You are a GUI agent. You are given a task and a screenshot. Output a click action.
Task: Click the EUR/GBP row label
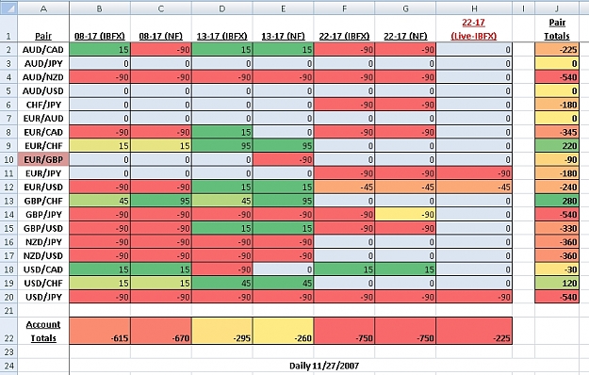(43, 159)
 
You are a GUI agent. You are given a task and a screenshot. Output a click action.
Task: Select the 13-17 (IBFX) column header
(222, 36)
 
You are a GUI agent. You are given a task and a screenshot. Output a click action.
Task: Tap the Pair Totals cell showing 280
(557, 201)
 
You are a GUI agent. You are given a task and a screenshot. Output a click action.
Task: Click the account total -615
(100, 331)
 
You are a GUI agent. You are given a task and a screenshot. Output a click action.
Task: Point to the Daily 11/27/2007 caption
(324, 366)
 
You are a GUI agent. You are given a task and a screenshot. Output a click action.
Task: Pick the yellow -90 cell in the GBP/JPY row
(405, 214)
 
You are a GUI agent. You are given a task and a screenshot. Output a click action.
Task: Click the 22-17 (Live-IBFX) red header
(474, 29)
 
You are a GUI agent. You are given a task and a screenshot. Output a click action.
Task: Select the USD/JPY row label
(43, 297)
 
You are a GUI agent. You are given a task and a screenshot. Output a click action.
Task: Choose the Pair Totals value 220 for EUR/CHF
(557, 146)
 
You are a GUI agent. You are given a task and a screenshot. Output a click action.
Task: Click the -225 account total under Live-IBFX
(474, 331)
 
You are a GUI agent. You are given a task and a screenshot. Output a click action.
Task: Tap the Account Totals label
(43, 331)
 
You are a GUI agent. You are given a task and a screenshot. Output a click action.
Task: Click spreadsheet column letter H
(474, 8)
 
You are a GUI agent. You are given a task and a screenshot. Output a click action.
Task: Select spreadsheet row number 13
(8, 201)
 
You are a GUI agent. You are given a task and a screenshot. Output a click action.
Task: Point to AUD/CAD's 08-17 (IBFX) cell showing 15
(100, 50)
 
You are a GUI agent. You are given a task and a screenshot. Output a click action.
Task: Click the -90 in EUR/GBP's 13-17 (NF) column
(284, 159)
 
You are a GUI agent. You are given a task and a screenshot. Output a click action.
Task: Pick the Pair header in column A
(43, 36)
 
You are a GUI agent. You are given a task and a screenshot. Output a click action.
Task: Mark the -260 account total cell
(284, 331)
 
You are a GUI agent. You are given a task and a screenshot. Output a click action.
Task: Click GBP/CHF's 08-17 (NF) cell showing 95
(161, 201)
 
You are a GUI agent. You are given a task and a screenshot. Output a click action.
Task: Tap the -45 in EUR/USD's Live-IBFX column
(474, 187)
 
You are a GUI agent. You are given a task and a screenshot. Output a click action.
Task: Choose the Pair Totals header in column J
(557, 29)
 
